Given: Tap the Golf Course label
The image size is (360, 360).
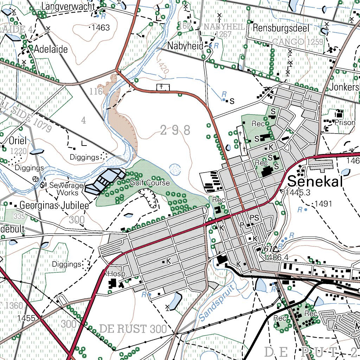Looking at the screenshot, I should pos(150,183).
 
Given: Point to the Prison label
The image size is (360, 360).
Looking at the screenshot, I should pos(345,123).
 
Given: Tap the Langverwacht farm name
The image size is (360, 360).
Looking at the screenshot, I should pos(68,6).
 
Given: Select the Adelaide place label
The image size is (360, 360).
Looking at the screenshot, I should pos(51,49).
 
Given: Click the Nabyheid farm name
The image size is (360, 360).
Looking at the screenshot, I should pos(185,46).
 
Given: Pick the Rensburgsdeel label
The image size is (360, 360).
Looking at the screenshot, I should pos(281,28).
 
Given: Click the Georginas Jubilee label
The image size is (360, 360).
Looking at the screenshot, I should pos(54,205).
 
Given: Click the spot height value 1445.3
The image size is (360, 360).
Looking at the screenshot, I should pos(298,192).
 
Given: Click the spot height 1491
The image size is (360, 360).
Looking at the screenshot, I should pos(323,204).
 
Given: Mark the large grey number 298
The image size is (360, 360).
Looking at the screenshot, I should pos(175,130).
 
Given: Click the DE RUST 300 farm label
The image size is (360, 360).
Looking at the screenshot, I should pos(133,329).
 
